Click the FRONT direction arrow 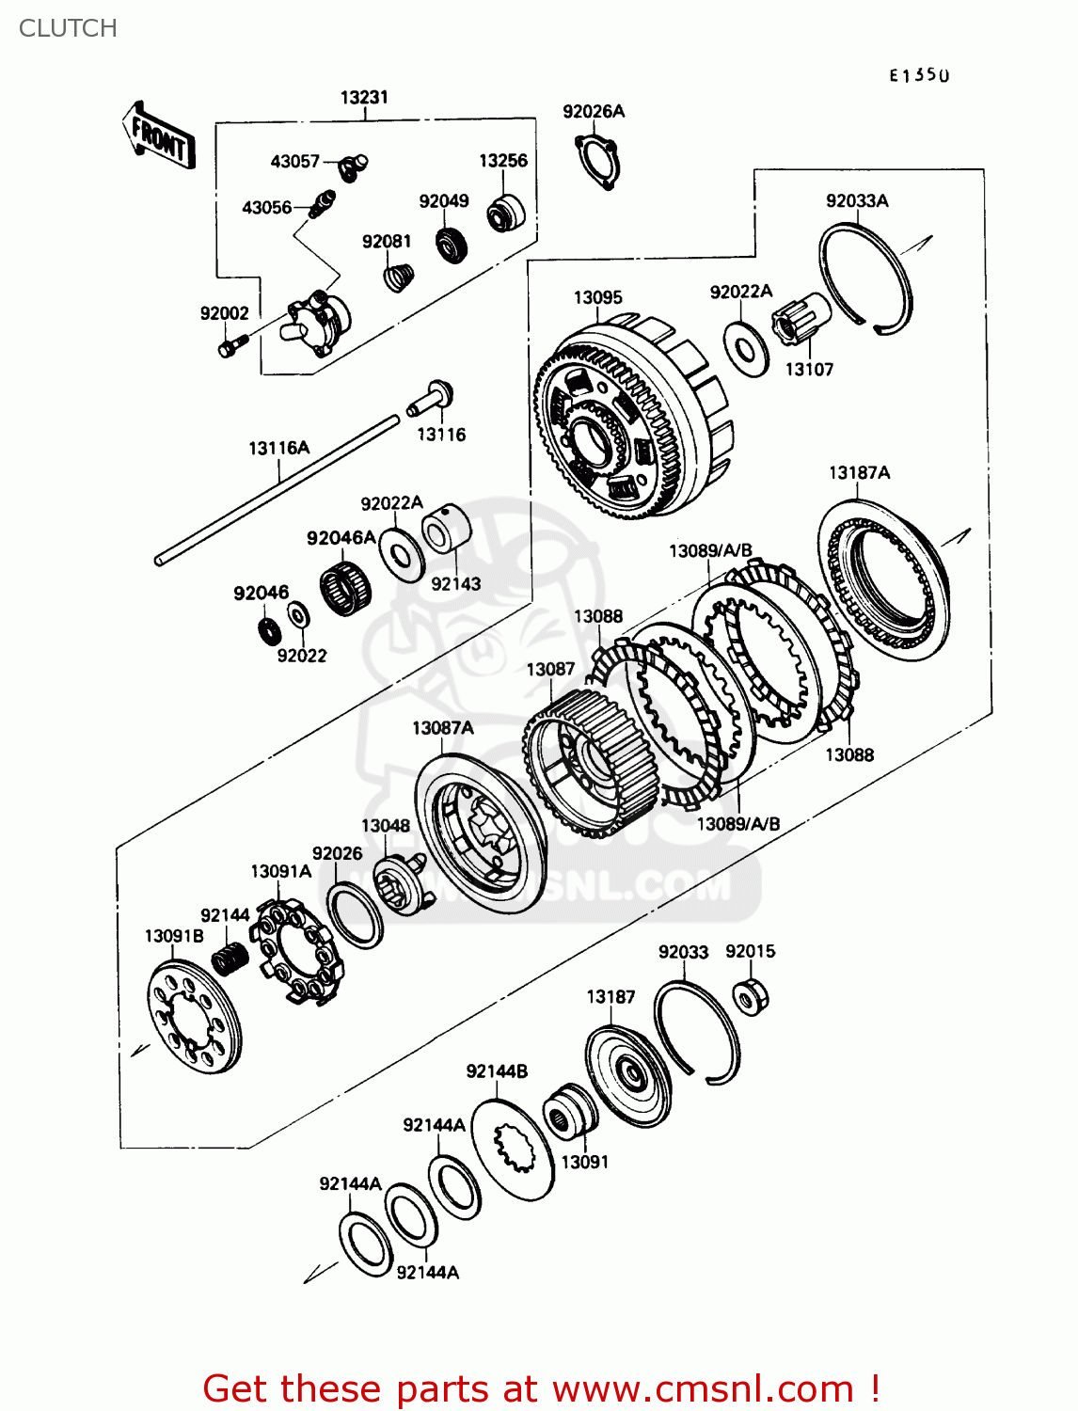click(158, 136)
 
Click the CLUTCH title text click(68, 28)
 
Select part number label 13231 click(364, 97)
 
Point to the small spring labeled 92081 click(400, 277)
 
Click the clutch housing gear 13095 click(626, 419)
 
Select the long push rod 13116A click(277, 489)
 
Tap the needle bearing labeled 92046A click(344, 589)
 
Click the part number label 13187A click(859, 472)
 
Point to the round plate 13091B click(195, 1022)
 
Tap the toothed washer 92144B click(513, 1149)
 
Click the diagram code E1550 click(919, 76)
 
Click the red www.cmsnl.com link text click(702, 1388)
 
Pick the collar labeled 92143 click(445, 529)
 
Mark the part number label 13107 click(809, 370)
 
